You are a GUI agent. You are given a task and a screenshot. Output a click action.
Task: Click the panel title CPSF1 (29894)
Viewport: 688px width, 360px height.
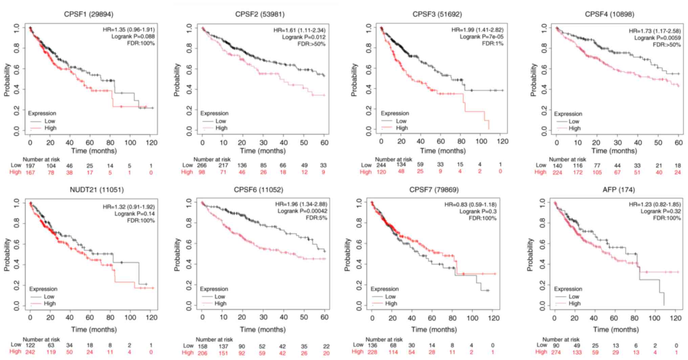point(89,14)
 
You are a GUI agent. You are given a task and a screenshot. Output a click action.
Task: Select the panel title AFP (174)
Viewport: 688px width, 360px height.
point(619,190)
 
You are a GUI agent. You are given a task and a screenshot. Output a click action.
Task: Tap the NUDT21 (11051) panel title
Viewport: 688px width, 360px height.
point(96,190)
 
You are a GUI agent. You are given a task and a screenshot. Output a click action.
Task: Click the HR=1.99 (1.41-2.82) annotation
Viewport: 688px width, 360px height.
point(477,30)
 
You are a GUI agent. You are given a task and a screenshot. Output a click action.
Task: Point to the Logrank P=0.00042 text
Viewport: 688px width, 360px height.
point(302,211)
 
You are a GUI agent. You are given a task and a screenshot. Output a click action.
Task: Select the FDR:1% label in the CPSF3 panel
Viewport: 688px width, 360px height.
point(493,43)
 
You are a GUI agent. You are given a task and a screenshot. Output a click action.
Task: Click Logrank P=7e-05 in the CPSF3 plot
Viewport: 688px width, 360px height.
point(481,37)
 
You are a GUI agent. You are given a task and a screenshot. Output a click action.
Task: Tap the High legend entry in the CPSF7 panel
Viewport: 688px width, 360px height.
point(391,303)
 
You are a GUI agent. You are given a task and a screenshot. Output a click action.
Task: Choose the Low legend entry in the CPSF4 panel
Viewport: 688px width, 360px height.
point(574,121)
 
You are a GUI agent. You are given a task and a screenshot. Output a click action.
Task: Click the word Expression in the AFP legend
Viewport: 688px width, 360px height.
point(568,289)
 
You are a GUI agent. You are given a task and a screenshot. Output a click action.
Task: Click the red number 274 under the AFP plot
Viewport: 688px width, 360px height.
point(556,352)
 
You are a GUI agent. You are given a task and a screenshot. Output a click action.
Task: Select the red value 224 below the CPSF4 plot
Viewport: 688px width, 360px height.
point(557,173)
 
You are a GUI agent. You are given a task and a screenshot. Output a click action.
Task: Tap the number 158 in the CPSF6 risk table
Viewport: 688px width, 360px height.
point(202,346)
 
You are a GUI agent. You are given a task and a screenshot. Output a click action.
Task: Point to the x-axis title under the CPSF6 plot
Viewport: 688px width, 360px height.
point(262,330)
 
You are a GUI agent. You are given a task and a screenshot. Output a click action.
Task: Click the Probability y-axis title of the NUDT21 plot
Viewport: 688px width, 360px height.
point(7,254)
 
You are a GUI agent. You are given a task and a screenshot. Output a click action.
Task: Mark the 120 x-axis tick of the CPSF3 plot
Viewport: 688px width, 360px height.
point(502,141)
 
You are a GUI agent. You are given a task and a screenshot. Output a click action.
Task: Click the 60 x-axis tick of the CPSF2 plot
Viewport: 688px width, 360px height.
point(324,143)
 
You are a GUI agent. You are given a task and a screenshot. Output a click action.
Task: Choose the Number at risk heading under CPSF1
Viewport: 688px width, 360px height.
point(41,159)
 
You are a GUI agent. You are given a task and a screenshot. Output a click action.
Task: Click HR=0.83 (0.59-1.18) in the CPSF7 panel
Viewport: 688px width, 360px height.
point(470,205)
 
